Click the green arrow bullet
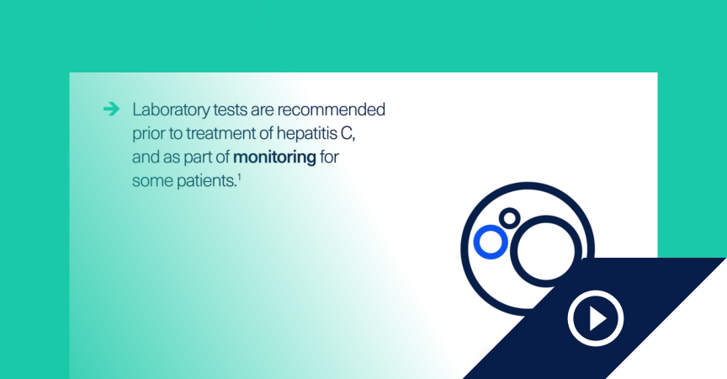click(111, 109)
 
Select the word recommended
click(331, 110)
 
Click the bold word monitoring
click(274, 158)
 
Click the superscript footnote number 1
click(239, 176)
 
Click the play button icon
click(596, 318)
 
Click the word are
click(262, 111)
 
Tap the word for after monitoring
click(329, 157)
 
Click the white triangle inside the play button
click(597, 318)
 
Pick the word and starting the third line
click(146, 157)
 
